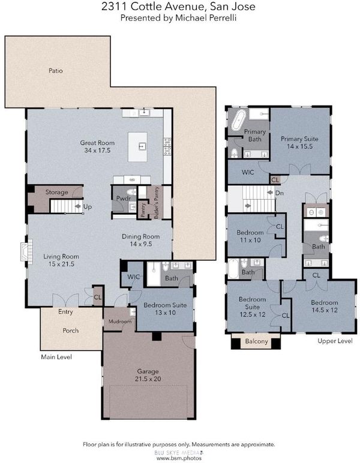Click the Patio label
point(56,71)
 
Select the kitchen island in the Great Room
point(137,147)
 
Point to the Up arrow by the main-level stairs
point(78,206)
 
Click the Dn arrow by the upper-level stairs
point(269,193)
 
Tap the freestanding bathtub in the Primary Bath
point(238,120)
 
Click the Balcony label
point(256,341)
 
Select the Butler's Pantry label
point(156,203)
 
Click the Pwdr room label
point(123,198)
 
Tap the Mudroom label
point(119,321)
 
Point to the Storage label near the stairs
point(57,193)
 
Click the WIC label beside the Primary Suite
point(247,172)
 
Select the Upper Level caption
point(335,341)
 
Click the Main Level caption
point(56,357)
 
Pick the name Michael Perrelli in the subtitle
point(206,18)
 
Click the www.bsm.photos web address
point(179,458)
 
